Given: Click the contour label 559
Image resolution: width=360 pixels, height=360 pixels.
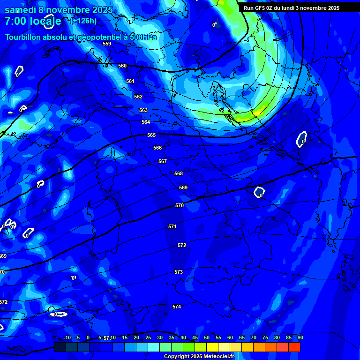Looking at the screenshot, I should (107, 44).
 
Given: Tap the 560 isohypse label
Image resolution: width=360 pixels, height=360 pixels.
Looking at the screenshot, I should (122, 66).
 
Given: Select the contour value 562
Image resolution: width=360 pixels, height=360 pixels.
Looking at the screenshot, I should (138, 97).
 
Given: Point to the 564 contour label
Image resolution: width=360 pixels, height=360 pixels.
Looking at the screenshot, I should (146, 122).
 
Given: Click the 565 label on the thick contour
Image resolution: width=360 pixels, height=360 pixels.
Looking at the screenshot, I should (151, 135).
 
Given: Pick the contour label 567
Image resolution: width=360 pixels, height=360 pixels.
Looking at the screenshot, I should (163, 161).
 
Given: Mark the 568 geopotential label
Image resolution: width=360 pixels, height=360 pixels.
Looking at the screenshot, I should (179, 173).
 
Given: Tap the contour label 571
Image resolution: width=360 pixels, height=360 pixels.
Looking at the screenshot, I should (172, 226).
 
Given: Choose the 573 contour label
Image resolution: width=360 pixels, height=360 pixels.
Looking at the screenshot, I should (179, 272).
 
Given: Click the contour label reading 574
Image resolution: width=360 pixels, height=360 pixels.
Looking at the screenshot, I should (177, 307).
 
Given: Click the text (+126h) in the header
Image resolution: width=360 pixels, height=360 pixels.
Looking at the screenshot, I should (83, 21).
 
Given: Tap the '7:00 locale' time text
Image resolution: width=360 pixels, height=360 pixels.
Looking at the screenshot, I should (33, 21).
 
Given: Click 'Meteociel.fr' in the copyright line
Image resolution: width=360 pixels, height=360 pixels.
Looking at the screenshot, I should (219, 356).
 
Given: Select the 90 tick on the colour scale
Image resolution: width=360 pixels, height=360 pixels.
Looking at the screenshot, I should (300, 337).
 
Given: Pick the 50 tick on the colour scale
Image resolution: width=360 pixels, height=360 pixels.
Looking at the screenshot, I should (207, 337).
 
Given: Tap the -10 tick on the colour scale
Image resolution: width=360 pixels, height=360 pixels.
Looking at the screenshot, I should (67, 337).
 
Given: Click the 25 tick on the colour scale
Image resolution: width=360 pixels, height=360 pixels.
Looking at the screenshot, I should (148, 337).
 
